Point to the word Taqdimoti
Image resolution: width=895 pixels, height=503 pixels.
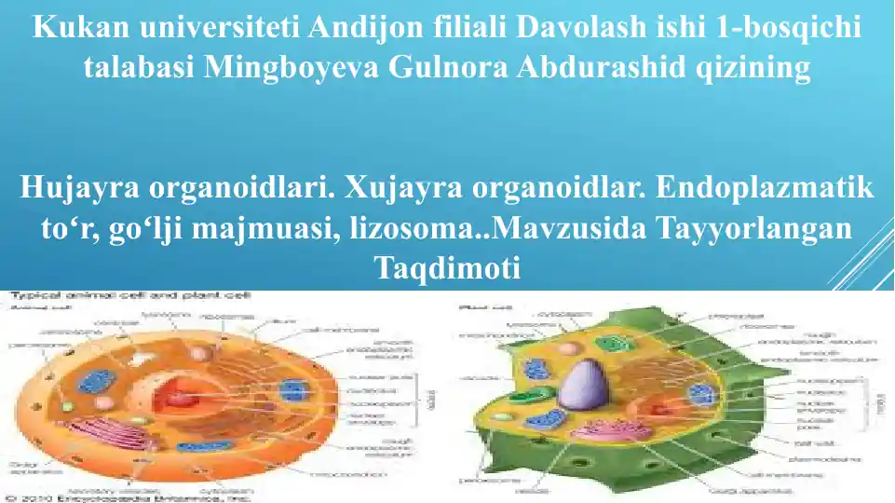coord(447,268)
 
